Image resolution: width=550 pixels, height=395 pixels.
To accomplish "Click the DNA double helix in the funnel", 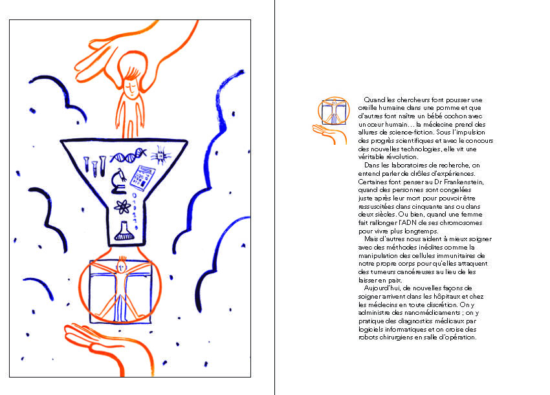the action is pyautogui.click(x=128, y=155).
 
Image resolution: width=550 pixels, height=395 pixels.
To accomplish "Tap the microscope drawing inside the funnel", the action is pyautogui.click(x=118, y=181).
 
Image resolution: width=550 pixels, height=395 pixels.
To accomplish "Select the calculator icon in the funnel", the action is pyautogui.click(x=142, y=178).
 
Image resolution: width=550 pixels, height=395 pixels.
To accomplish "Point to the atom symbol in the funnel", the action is pyautogui.click(x=122, y=207).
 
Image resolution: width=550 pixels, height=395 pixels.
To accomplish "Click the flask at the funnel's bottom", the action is pyautogui.click(x=124, y=231).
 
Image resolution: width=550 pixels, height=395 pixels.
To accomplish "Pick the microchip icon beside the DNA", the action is pyautogui.click(x=160, y=155).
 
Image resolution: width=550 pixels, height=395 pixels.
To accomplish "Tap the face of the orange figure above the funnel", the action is pyautogui.click(x=130, y=87).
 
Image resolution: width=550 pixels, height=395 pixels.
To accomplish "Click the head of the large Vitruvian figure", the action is pyautogui.click(x=121, y=267).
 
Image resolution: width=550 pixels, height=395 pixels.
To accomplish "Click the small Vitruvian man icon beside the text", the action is pyautogui.click(x=334, y=111).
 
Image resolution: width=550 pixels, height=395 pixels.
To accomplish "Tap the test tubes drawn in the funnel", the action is pyautogui.click(x=94, y=166).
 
